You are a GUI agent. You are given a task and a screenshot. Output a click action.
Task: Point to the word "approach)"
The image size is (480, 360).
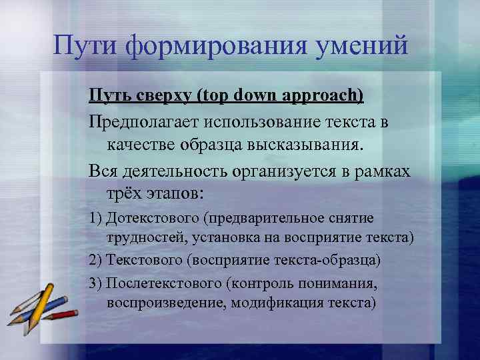coord(325,95)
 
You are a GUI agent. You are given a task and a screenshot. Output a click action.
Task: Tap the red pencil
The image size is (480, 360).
coord(63,313)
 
